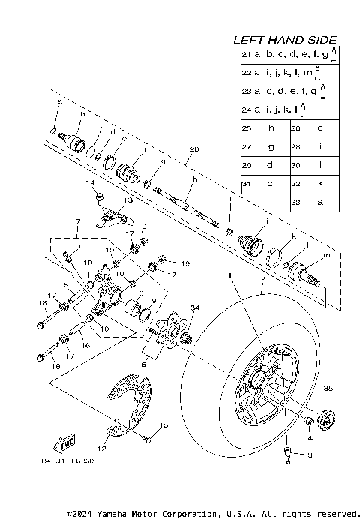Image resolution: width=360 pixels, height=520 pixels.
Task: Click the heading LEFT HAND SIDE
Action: (285, 40)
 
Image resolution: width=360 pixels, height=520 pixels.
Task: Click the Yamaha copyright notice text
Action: (213, 513)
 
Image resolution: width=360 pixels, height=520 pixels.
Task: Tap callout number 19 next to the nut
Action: (142, 226)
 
